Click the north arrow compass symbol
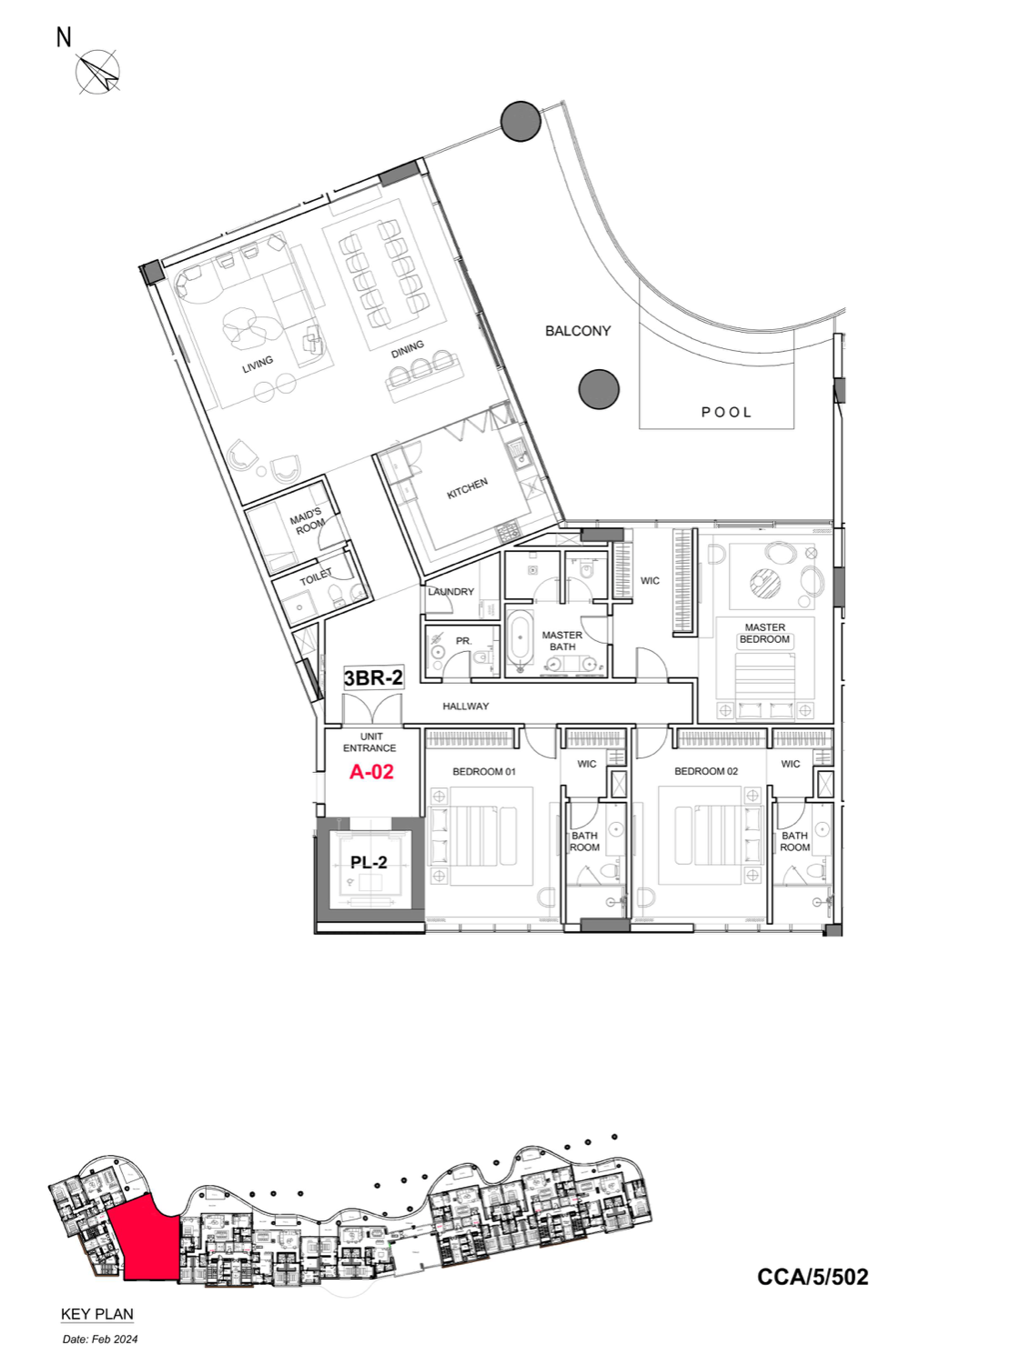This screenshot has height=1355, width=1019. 98,72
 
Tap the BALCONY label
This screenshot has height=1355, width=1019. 578,331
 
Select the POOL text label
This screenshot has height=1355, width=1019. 726,412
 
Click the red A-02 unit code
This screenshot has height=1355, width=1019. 371,772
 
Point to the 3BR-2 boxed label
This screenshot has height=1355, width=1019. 373,677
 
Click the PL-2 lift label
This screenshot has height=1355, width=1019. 368,862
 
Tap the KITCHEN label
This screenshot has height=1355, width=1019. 468,488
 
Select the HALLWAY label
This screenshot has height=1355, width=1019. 466,706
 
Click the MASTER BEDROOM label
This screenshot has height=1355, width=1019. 765,633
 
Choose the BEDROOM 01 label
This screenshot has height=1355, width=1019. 484,771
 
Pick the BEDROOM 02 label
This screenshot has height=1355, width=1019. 706,771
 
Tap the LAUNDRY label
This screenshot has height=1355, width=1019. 451,591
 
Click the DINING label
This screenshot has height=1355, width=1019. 408,349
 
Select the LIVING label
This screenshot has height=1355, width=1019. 257,365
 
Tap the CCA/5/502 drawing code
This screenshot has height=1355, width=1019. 812,1277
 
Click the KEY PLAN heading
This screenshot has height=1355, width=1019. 97,1314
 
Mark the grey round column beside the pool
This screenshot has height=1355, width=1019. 599,389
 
